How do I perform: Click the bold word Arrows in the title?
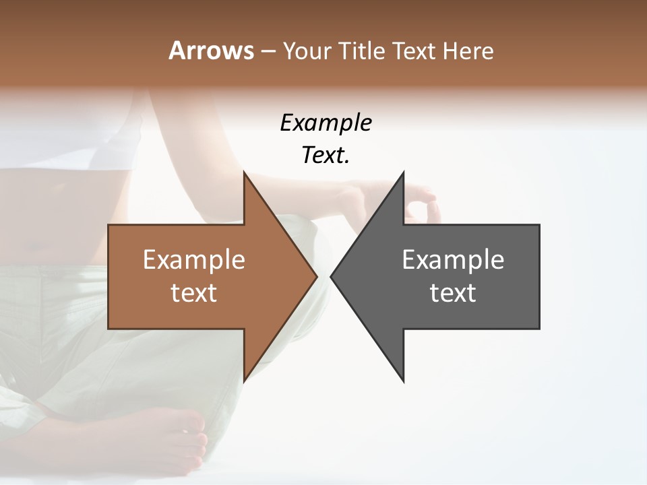point(210,51)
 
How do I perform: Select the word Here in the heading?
point(468,51)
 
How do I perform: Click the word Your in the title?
point(305,51)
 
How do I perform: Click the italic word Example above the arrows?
point(326,123)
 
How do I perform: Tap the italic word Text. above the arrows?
point(326,155)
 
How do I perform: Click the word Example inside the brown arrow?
point(193,259)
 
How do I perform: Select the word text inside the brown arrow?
point(193,293)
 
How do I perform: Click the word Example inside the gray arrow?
point(453,259)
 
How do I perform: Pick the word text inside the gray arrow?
point(453,293)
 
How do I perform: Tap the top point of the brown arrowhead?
point(245,174)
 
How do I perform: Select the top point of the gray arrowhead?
point(403,174)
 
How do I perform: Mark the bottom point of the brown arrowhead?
point(245,380)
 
